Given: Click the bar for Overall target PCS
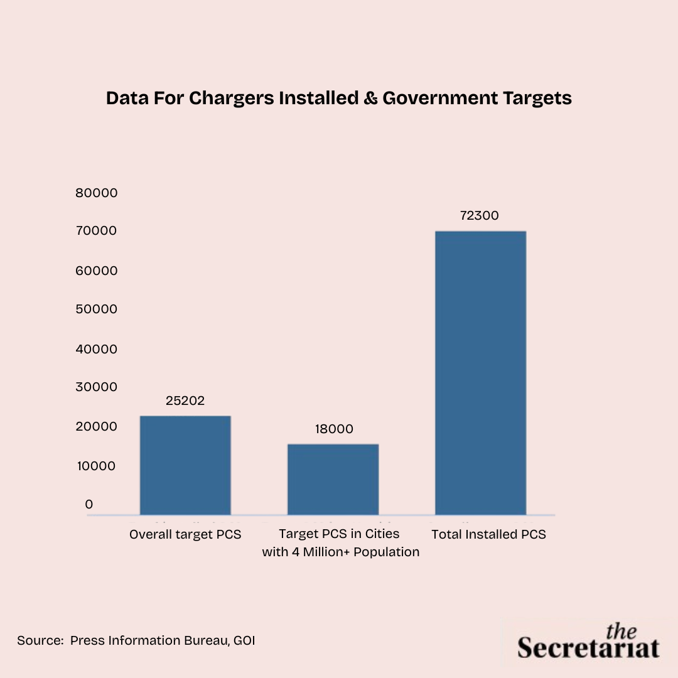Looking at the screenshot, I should [x=185, y=465].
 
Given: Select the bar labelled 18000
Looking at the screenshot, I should [x=333, y=480].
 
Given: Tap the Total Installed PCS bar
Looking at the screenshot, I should [x=480, y=373].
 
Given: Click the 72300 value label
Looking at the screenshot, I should [x=479, y=215].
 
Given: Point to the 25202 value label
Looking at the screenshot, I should [x=185, y=401].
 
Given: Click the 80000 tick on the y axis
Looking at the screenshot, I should [x=97, y=193].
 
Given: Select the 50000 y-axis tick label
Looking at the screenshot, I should [x=97, y=309].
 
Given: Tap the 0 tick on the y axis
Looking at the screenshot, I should [x=89, y=505].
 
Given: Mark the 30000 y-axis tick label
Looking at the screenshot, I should [x=97, y=387].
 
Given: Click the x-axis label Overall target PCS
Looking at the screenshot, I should [x=185, y=535].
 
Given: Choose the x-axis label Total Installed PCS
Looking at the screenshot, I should [x=488, y=535].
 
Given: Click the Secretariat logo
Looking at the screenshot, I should [x=588, y=642].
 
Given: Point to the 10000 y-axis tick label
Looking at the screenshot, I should [x=97, y=466].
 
